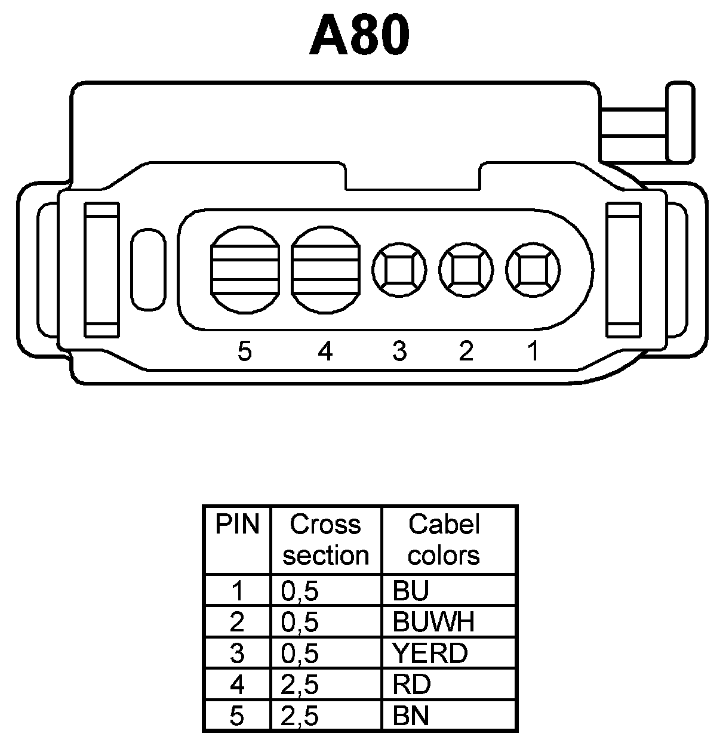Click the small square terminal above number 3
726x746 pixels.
coord(399,270)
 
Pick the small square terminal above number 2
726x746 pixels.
coord(466,270)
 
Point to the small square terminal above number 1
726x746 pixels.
coord(533,270)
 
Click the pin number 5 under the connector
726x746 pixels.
coord(244,352)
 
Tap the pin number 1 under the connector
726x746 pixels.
coord(533,352)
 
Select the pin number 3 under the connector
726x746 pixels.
coord(399,352)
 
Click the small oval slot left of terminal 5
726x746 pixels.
coord(147,270)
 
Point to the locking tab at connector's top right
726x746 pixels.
coord(680,124)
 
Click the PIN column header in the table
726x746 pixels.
coord(237,525)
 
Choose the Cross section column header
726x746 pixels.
coord(325,540)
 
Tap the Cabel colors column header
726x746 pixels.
coord(444,540)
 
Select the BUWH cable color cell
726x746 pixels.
coord(433,622)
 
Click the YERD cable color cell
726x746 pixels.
coord(430,653)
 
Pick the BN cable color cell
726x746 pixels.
coord(411,716)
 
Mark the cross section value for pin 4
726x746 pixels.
coord(300,685)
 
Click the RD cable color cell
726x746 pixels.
coord(412,685)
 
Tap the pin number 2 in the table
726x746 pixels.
coord(237,622)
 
